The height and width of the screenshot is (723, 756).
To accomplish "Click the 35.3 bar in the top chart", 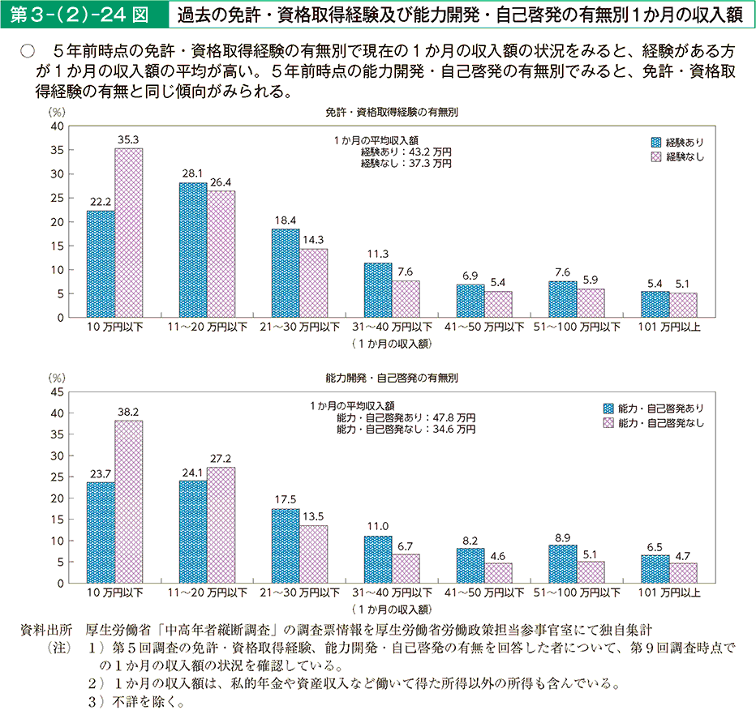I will [128, 233].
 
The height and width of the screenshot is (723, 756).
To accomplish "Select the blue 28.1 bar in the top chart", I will [193, 250].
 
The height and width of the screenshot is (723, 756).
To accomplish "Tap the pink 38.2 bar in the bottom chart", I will [128, 501].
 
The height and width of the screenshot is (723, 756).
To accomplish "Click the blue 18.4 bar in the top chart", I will [286, 273].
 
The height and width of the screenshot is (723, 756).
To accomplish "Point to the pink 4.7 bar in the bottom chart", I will [683, 572].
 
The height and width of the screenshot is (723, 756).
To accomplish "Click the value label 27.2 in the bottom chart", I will [221, 458].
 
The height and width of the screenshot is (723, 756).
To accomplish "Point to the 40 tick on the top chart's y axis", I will [57, 126].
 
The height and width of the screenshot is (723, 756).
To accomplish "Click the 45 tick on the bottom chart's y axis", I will [57, 391].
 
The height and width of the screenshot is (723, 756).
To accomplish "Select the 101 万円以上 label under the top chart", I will [669, 327].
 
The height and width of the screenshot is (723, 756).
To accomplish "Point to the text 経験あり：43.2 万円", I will [406, 152].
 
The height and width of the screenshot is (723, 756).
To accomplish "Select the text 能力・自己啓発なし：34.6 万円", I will [406, 429].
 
